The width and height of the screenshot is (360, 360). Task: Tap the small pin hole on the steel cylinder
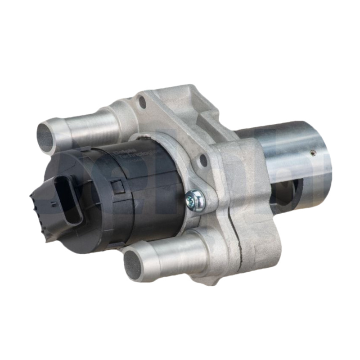314,153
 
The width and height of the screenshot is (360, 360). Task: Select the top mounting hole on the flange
143,102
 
